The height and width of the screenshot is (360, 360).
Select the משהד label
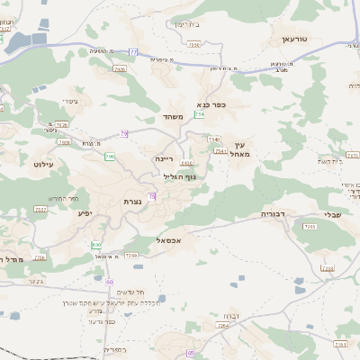174,117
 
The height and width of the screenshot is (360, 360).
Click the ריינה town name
163,158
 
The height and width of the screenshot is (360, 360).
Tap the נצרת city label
132,202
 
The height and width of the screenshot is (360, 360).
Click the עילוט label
44,165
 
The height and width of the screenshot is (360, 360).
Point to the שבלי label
332,215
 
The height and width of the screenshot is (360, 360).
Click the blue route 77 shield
132,52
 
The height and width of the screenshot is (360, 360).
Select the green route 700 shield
109,157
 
